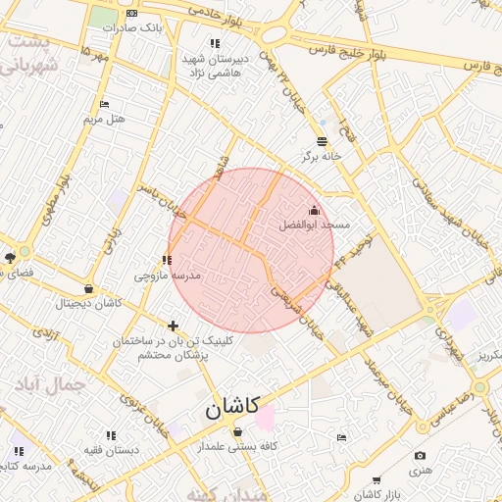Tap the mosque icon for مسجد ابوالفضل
click(x=314, y=210)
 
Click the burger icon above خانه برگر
click(x=322, y=141)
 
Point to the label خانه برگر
click(x=321, y=156)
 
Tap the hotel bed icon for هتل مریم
click(x=105, y=105)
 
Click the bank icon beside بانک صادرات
click(x=132, y=14)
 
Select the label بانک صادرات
click(x=138, y=27)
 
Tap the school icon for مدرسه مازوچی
click(x=167, y=261)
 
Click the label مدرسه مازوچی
click(x=174, y=276)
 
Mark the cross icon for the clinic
click(x=174, y=326)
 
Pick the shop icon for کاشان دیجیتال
click(x=89, y=289)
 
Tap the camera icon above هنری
click(x=421, y=456)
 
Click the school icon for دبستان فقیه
click(x=110, y=434)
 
